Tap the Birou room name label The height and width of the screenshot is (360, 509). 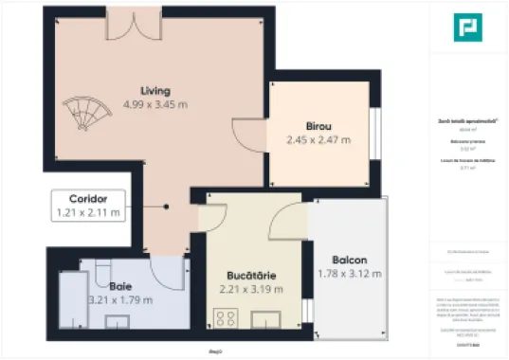tap(318, 126)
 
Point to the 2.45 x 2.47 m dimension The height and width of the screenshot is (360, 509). tap(318, 139)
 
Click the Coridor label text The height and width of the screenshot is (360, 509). tap(88, 199)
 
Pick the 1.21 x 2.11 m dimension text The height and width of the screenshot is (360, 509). tap(88, 213)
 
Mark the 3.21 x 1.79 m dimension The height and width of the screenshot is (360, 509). tap(119, 299)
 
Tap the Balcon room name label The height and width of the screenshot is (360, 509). tap(350, 261)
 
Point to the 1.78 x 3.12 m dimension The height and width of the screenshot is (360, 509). tap(350, 274)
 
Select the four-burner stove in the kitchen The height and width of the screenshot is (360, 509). tap(227, 318)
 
